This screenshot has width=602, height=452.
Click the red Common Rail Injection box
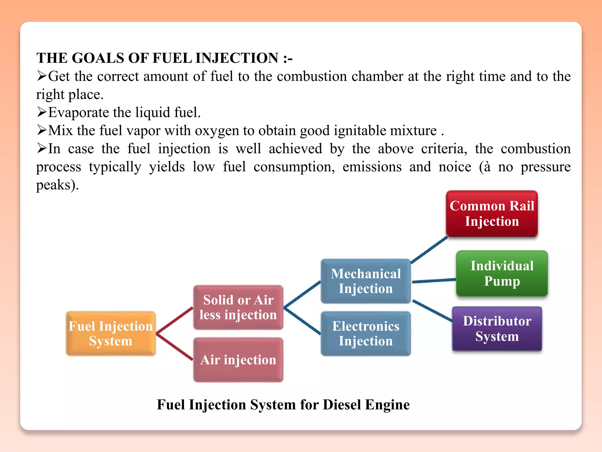click(x=492, y=214)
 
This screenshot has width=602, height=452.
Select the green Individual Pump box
click(x=502, y=273)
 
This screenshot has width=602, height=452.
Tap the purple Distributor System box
click(x=497, y=329)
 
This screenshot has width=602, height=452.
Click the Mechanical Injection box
click(x=366, y=281)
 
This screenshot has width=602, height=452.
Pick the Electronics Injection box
click(x=366, y=333)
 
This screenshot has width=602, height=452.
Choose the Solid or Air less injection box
click(x=238, y=307)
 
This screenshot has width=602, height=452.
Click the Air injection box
click(x=238, y=360)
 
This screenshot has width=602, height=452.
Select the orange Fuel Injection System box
click(x=111, y=333)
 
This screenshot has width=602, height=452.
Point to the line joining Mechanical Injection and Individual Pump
click(x=434, y=281)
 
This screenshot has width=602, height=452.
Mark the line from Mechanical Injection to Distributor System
click(x=432, y=310)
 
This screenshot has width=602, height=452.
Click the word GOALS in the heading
click(x=98, y=58)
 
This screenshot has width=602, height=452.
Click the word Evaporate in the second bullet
click(x=78, y=112)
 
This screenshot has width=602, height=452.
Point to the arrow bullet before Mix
click(x=42, y=130)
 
